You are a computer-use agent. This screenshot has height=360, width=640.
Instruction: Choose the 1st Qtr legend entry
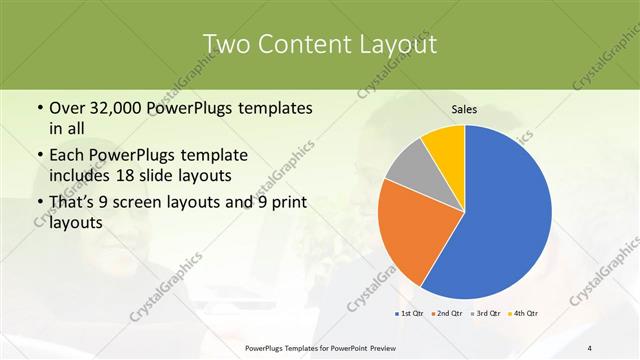[x=409, y=314]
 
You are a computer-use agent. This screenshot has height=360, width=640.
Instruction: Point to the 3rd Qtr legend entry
[x=486, y=314]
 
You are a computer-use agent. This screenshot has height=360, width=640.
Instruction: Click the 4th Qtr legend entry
[x=524, y=314]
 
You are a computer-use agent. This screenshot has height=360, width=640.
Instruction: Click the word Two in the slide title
[x=228, y=44]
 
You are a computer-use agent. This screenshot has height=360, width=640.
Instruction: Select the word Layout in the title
[x=398, y=44]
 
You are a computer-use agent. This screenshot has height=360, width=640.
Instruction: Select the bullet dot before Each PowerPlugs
[x=38, y=156]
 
